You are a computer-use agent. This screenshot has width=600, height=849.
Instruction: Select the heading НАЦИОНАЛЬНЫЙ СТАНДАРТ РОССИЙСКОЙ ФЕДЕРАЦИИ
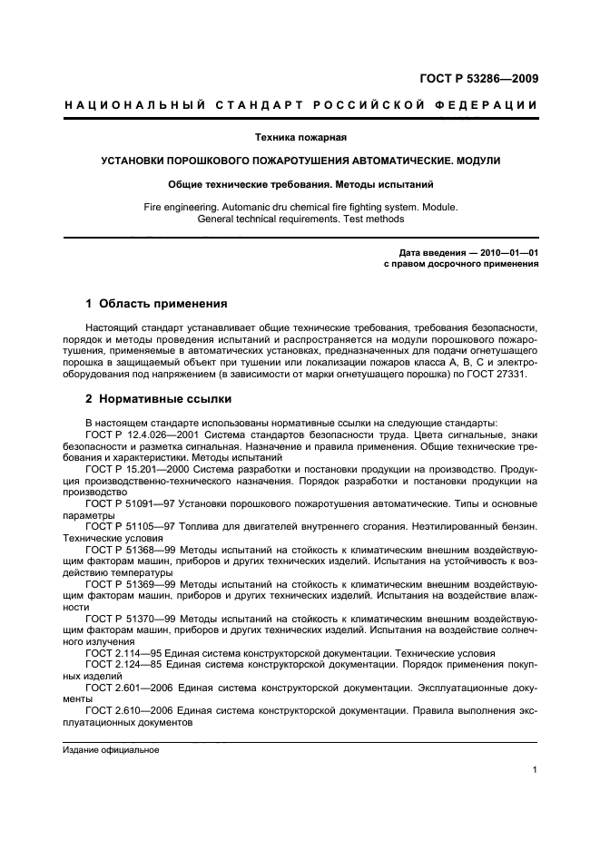300,105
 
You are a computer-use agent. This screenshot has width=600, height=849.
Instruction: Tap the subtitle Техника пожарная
300,138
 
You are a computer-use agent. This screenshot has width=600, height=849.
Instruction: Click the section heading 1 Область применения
155,303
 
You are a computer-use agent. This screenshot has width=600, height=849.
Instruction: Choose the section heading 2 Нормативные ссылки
158,398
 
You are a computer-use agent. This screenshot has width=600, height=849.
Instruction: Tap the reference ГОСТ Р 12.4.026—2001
141,435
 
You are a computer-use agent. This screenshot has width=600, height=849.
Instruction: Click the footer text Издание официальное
111,750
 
